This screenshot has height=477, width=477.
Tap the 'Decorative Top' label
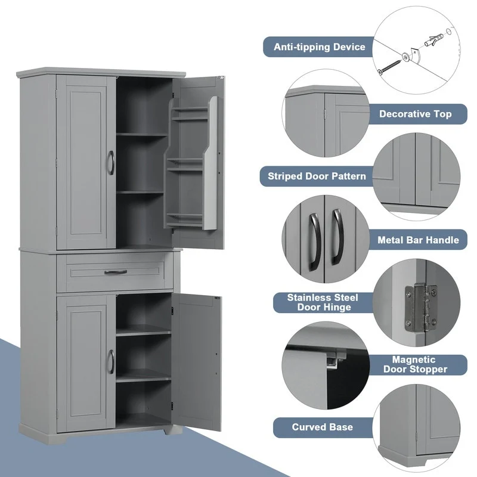(415, 113)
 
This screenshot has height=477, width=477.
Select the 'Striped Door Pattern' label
(317, 176)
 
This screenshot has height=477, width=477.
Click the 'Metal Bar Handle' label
(418, 240)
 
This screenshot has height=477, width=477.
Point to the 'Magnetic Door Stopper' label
(419, 364)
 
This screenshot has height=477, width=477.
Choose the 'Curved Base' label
(322, 427)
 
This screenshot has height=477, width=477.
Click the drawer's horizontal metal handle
(116, 272)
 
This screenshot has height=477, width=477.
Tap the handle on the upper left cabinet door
(111, 163)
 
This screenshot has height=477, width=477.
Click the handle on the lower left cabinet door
(111, 361)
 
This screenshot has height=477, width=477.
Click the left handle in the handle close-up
(315, 240)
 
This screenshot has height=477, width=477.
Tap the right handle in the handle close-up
(337, 236)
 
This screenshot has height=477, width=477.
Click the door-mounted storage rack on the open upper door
(191, 164)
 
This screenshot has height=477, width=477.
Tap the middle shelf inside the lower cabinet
(143, 374)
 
